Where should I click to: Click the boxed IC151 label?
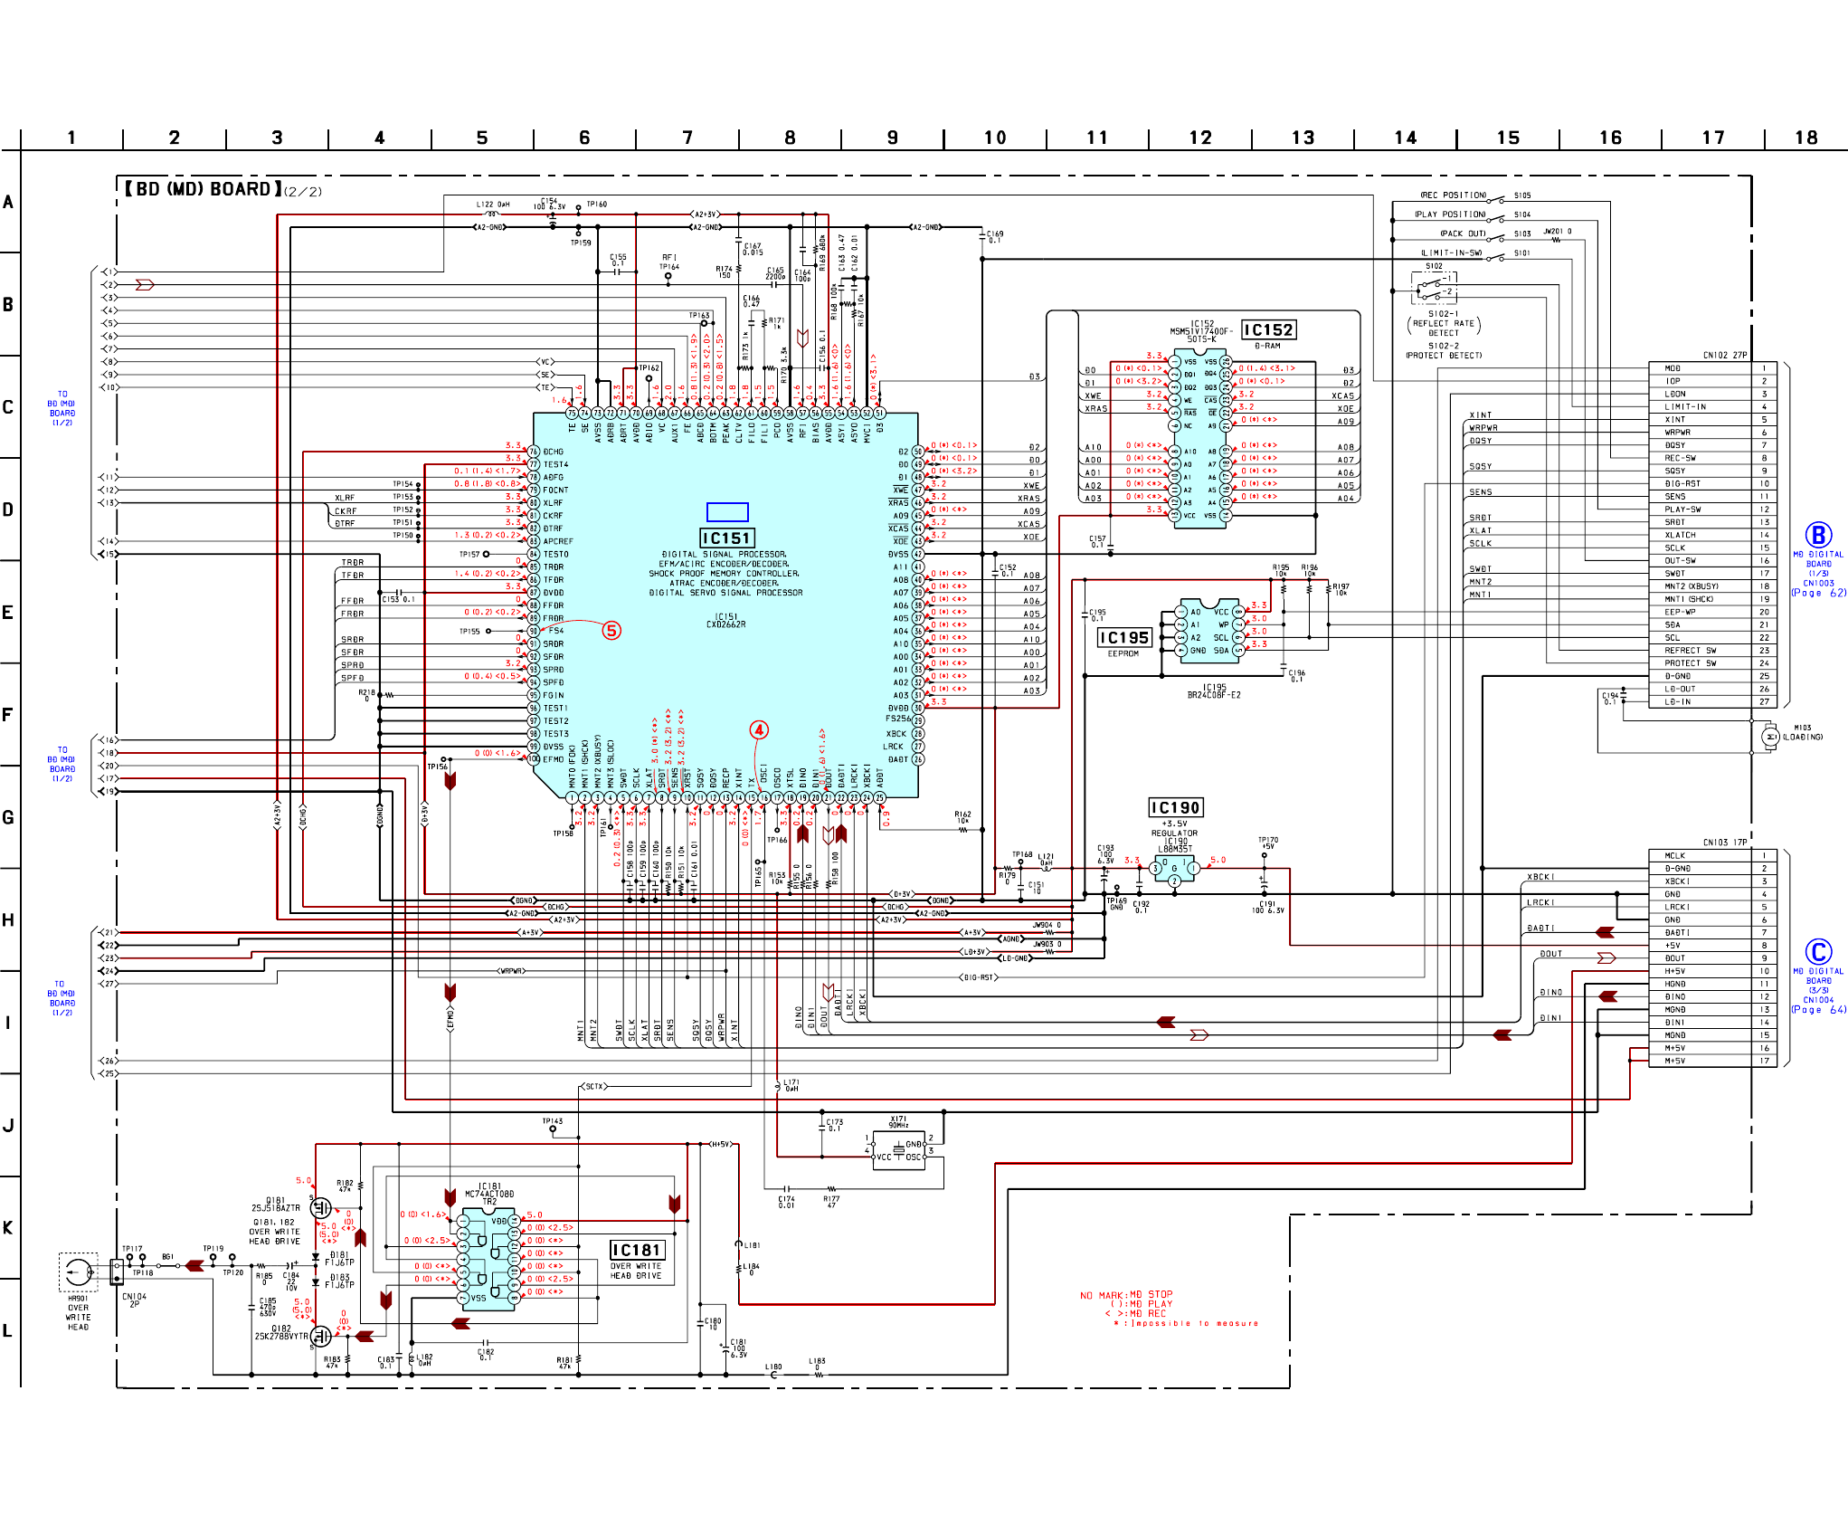[x=726, y=538]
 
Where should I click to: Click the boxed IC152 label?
[x=1268, y=330]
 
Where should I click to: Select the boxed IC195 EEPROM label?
[x=1123, y=638]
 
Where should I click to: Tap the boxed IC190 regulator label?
[x=1175, y=807]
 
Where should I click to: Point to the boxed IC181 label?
[x=637, y=1250]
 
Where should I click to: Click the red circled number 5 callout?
[x=611, y=631]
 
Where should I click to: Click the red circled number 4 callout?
[x=759, y=729]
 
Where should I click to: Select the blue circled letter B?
[x=1818, y=535]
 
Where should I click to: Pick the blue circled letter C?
[x=1818, y=952]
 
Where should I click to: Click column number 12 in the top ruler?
[x=1199, y=138]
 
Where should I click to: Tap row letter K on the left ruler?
[x=8, y=1227]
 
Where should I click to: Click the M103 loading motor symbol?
[x=1770, y=737]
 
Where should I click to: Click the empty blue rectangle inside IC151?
[x=727, y=512]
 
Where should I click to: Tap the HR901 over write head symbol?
[x=78, y=1272]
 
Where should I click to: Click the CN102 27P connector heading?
[x=1725, y=355]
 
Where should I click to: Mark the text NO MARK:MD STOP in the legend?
[x=1125, y=1295]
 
